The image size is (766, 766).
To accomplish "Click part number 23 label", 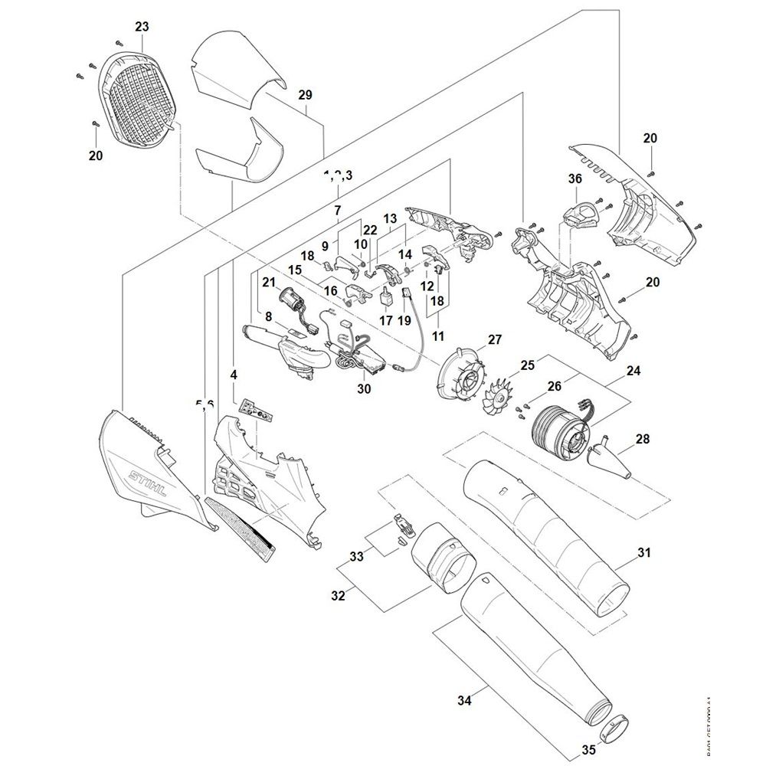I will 142,26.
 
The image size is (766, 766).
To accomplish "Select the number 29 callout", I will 306,95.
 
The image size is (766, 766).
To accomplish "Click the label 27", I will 495,340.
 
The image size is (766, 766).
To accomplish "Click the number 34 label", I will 465,699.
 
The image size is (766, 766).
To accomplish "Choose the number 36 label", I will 574,178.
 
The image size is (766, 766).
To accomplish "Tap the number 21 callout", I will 268,283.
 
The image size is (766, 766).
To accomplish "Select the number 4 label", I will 234,375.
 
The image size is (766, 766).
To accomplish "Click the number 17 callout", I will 385,321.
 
